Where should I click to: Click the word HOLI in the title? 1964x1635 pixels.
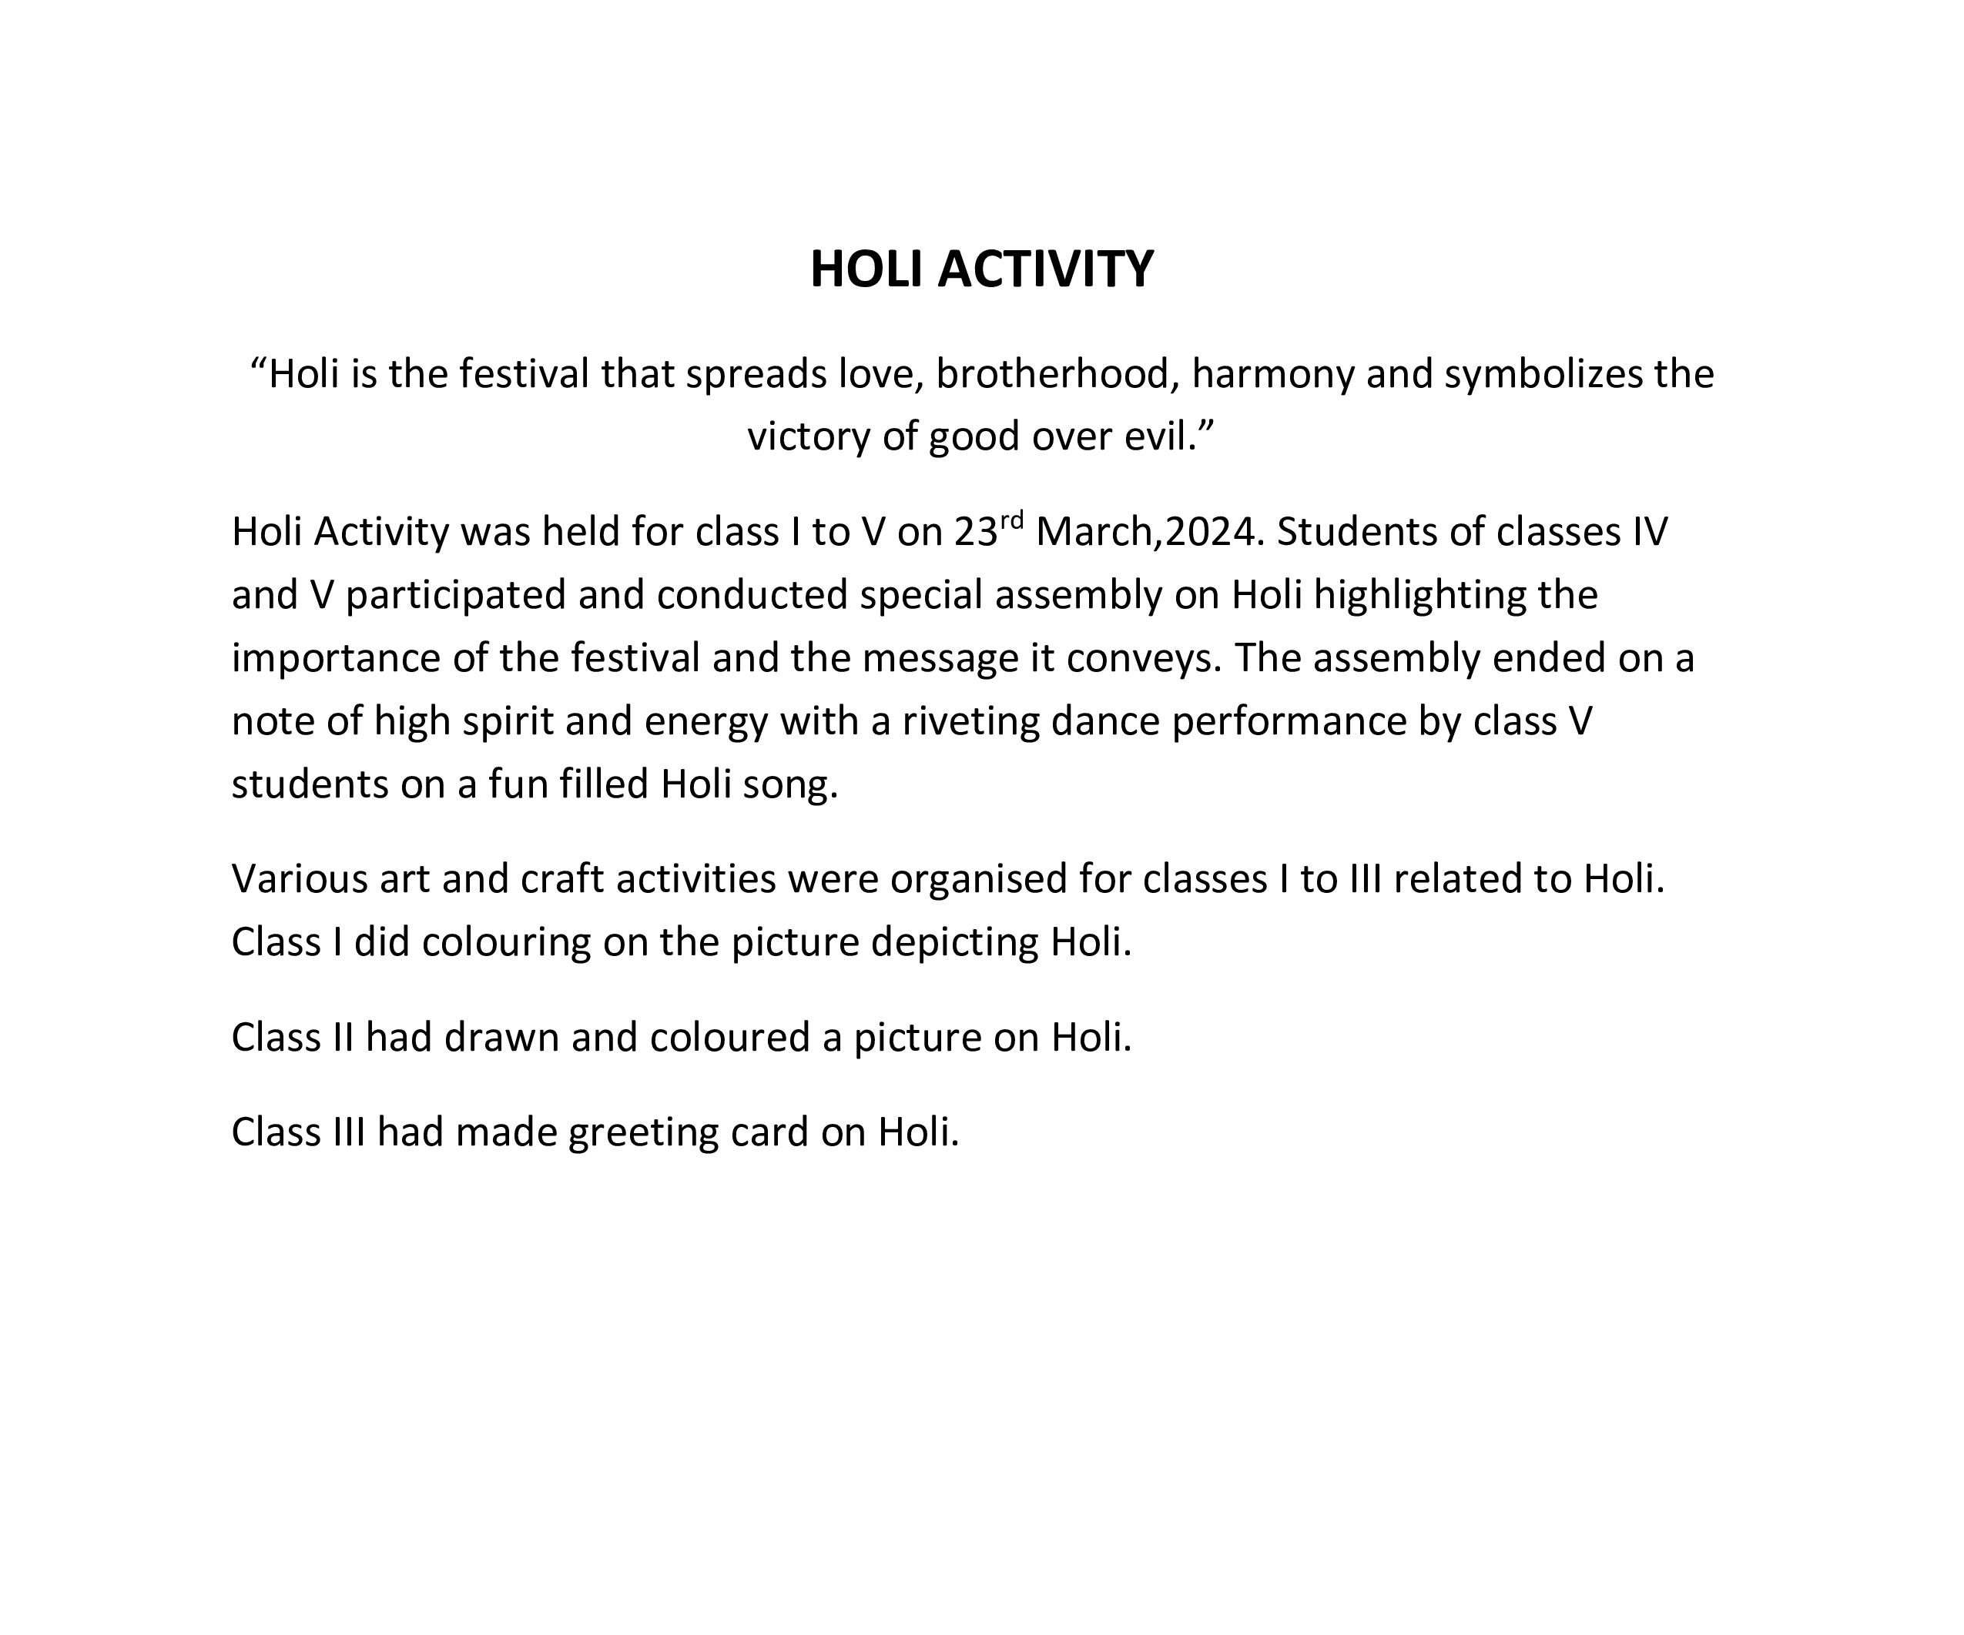click(x=867, y=269)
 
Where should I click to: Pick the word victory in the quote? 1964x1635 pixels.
click(x=808, y=437)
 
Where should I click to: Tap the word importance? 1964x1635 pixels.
click(x=337, y=659)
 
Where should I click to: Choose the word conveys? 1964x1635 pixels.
click(x=1143, y=659)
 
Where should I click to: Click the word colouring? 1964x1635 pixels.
click(x=506, y=942)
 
